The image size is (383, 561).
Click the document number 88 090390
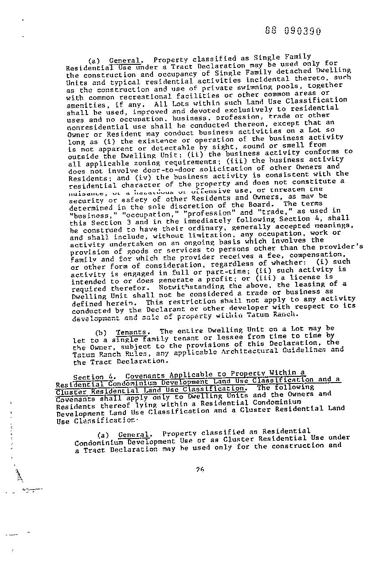coord(293,31)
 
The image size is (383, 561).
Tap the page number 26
coord(199,470)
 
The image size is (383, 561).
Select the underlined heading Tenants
coord(131,332)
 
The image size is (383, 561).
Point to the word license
coord(304,277)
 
